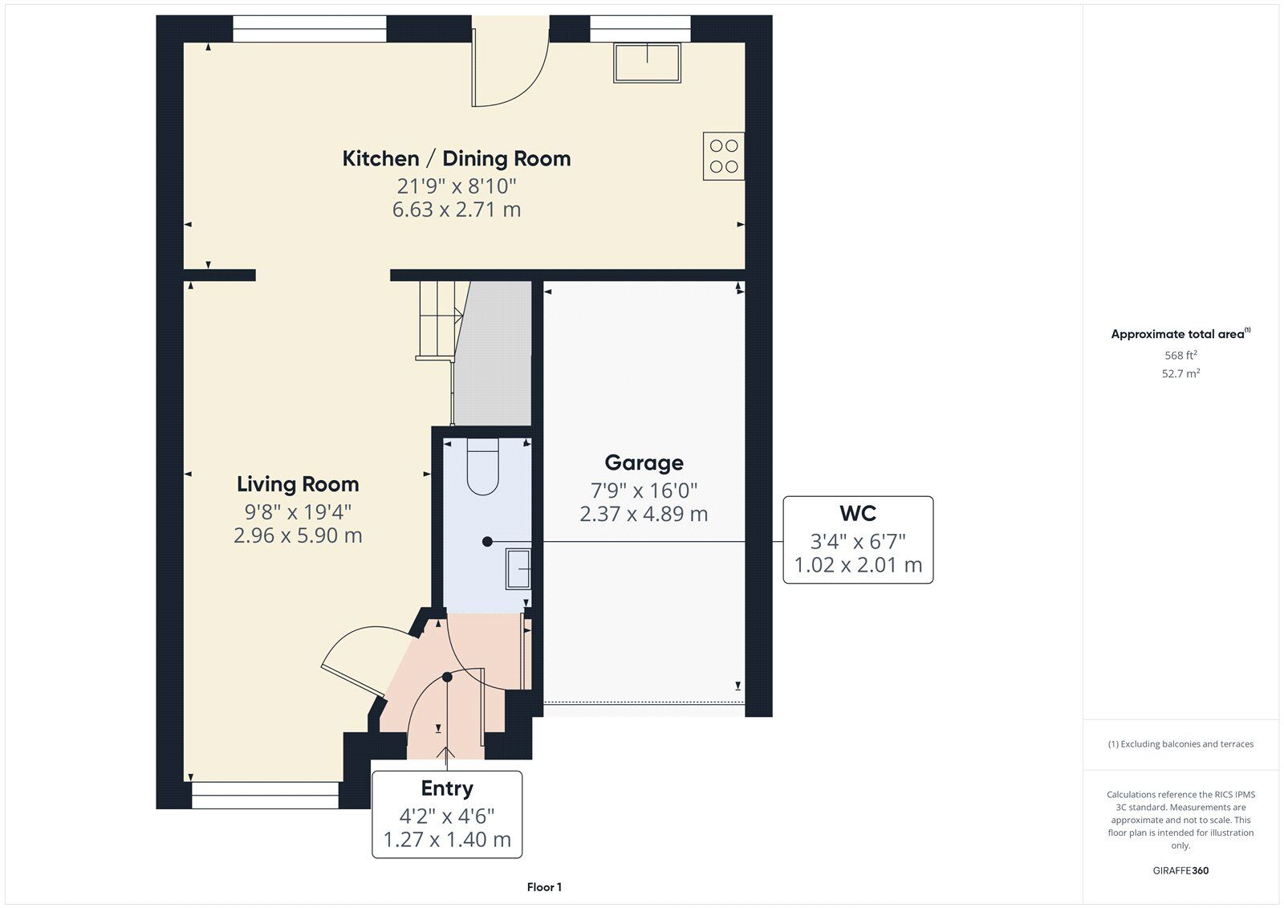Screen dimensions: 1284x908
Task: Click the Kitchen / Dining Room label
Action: pos(457,159)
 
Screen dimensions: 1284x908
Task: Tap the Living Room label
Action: pos(298,484)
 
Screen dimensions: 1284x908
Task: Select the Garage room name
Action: pos(644,463)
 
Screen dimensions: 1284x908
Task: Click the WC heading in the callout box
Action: pos(858,513)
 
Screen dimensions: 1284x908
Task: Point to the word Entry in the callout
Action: pos(447,788)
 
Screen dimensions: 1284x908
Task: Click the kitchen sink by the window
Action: pos(647,63)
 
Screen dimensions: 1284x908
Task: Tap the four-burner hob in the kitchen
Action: pos(724,156)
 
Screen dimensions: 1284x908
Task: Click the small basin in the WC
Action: pos(518,568)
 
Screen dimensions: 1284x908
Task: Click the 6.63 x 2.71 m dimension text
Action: pos(457,210)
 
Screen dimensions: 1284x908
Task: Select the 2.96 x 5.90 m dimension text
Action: pos(298,535)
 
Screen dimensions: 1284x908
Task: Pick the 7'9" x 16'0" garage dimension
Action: pos(644,491)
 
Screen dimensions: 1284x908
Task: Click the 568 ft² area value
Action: pos(1180,355)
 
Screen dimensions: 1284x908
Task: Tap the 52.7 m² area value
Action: pos(1180,373)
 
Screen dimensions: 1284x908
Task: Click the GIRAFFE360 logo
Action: pos(1180,870)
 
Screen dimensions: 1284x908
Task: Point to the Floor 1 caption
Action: pos(544,887)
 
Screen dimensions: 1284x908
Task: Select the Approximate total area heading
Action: pos(1180,334)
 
